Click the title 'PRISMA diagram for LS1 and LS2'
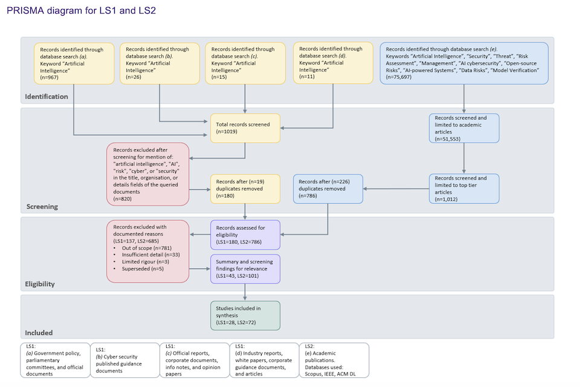point(82,11)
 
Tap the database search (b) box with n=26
point(159,63)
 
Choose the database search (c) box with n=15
point(245,63)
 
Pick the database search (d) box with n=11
point(333,63)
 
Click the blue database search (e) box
point(463,63)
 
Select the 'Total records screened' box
point(245,128)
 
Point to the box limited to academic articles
point(464,128)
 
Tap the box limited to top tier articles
point(464,188)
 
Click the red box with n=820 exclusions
point(148,173)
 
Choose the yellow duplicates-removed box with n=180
point(245,188)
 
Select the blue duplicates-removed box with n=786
point(327,188)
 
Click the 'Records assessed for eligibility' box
point(245,235)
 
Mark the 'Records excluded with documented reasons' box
point(148,250)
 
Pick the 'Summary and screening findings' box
point(245,269)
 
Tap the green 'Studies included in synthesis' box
point(245,316)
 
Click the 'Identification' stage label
point(47,97)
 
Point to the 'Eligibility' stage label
point(40,284)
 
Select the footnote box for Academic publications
point(334,360)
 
